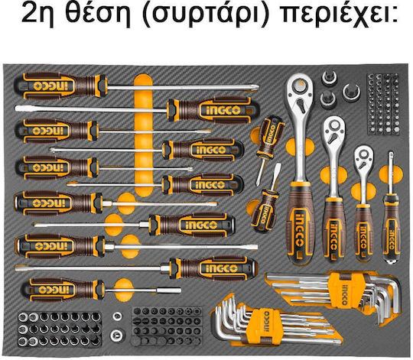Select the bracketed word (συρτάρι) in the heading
point(206,14)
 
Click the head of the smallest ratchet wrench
point(364,157)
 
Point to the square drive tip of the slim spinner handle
point(391,154)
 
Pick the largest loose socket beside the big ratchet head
point(351,92)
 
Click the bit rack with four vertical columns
point(382,105)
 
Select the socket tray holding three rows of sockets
point(60,329)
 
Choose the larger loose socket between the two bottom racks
point(116,336)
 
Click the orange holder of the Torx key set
point(265,324)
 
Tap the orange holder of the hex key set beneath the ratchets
point(343,290)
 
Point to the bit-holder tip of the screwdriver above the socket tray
point(171,290)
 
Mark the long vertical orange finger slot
point(143,135)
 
